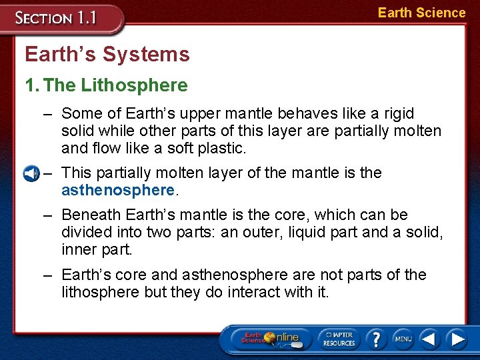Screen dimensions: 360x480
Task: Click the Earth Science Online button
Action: click(270, 339)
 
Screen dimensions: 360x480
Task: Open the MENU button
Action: click(403, 339)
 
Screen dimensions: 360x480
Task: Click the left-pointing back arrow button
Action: click(429, 339)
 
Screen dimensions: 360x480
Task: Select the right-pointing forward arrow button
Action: click(457, 339)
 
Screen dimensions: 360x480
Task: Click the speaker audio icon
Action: click(31, 174)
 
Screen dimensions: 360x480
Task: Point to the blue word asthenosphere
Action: click(117, 190)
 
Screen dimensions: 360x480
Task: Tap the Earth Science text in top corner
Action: click(421, 13)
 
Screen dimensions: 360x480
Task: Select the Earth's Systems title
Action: click(107, 54)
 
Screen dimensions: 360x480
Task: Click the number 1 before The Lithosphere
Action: click(30, 85)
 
